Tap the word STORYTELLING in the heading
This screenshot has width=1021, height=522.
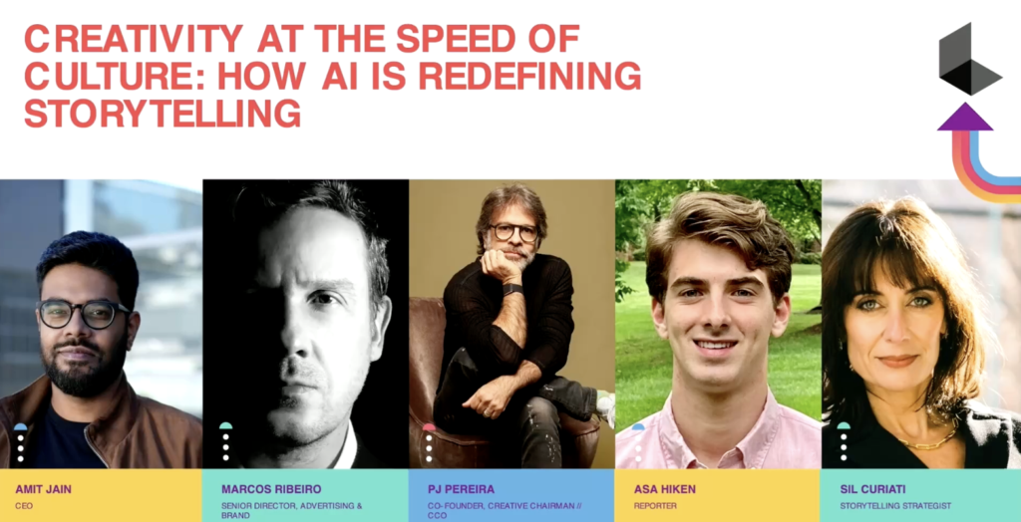pos(163,114)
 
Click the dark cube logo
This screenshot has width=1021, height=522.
pos(969,59)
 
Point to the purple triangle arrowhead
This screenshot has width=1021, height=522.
pos(965,118)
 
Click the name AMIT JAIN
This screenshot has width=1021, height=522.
pos(44,489)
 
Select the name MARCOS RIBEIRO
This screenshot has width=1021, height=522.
pos(271,489)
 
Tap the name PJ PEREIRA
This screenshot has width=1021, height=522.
pos(461,489)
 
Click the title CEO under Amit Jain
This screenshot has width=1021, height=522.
pos(24,506)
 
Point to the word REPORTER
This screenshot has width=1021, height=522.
pos(655,506)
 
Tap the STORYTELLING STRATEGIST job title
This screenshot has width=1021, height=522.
pos(895,506)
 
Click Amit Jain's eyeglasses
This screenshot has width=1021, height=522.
pos(84,314)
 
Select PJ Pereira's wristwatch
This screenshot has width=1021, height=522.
pos(512,288)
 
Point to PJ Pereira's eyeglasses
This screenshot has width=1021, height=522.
pos(514,232)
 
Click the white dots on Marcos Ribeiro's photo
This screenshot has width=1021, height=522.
pos(226,448)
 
